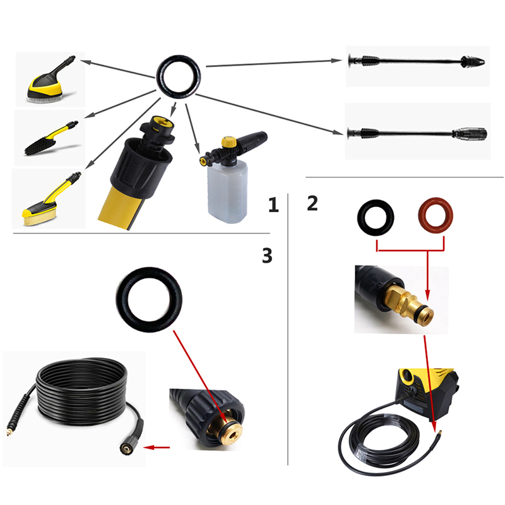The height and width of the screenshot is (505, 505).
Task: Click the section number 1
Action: coord(273,205)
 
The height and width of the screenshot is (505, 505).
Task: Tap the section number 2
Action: coord(312,203)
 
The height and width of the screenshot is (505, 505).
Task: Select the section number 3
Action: coord(267,256)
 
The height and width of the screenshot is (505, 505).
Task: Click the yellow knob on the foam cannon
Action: coord(229,141)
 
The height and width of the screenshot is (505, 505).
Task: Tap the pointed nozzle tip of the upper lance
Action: coord(473,61)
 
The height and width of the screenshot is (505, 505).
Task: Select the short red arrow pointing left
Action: coord(156,448)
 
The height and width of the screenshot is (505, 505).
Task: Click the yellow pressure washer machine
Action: coord(427,393)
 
